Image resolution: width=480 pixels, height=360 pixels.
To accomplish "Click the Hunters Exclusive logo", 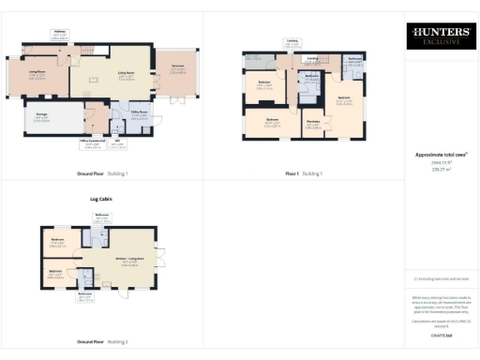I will tap(440, 37).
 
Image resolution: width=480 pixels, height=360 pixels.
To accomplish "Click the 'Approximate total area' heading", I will tap(440, 155).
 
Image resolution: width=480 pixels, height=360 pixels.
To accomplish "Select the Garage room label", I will tap(42, 116).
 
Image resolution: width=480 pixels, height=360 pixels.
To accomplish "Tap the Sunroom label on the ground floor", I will tap(176, 67).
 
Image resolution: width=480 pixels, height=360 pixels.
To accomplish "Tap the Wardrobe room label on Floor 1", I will tap(313, 122).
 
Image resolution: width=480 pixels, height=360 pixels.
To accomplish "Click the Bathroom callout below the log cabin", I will tap(85, 299).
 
